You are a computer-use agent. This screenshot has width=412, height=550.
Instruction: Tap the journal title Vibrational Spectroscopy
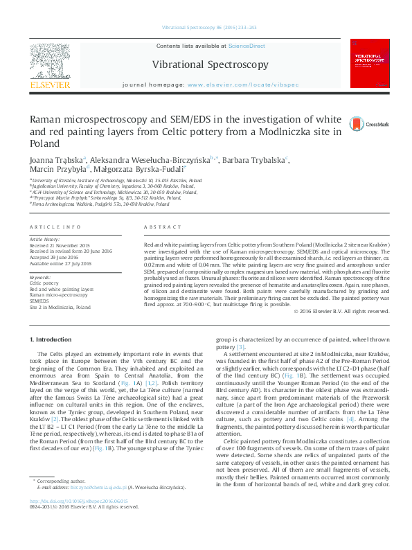211,64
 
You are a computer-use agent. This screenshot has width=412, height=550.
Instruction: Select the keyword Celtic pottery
44,283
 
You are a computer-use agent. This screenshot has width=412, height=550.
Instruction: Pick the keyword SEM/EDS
39,301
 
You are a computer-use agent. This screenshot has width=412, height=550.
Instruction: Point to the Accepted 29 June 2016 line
55,257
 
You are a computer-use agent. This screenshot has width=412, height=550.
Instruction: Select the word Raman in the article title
48,119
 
